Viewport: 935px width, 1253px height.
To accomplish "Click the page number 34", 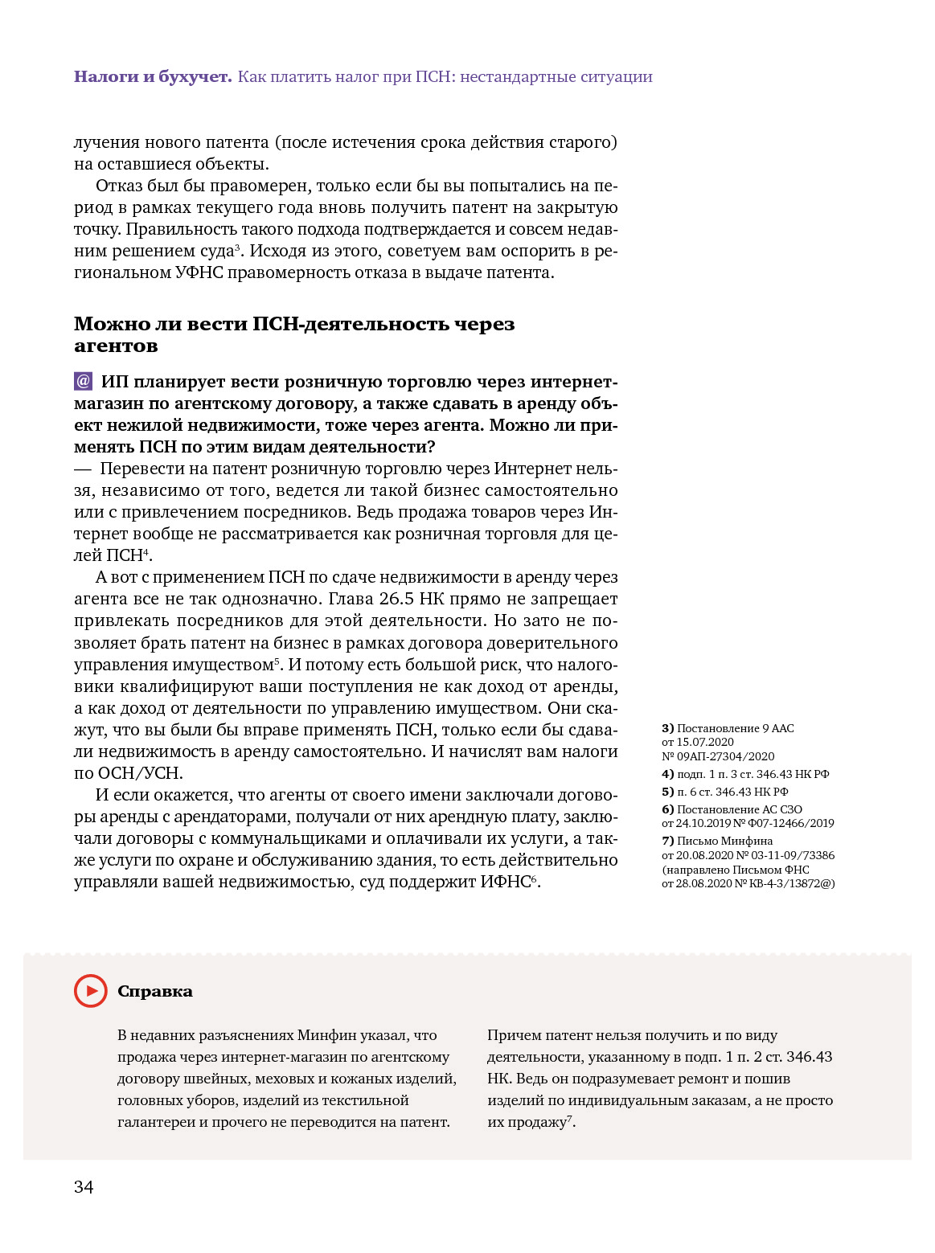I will (x=84, y=1187).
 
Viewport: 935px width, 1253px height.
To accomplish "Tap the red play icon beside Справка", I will (x=90, y=991).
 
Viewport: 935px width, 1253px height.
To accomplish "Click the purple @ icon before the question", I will (x=83, y=381).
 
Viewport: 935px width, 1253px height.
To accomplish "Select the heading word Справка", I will (x=155, y=991).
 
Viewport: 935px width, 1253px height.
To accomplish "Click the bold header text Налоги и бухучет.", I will (x=153, y=76).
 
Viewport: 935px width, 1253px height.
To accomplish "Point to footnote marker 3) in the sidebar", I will (x=667, y=728).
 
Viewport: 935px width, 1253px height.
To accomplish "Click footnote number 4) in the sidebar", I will (x=667, y=774).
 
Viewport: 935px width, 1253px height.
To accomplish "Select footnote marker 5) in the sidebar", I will (x=667, y=792).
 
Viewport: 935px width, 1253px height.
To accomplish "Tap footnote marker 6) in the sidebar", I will (x=667, y=809).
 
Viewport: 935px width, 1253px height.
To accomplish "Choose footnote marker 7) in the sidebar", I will (x=667, y=841).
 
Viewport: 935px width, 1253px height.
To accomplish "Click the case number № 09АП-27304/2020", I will (x=718, y=756).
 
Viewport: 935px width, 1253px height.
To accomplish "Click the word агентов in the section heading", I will (x=116, y=346).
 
